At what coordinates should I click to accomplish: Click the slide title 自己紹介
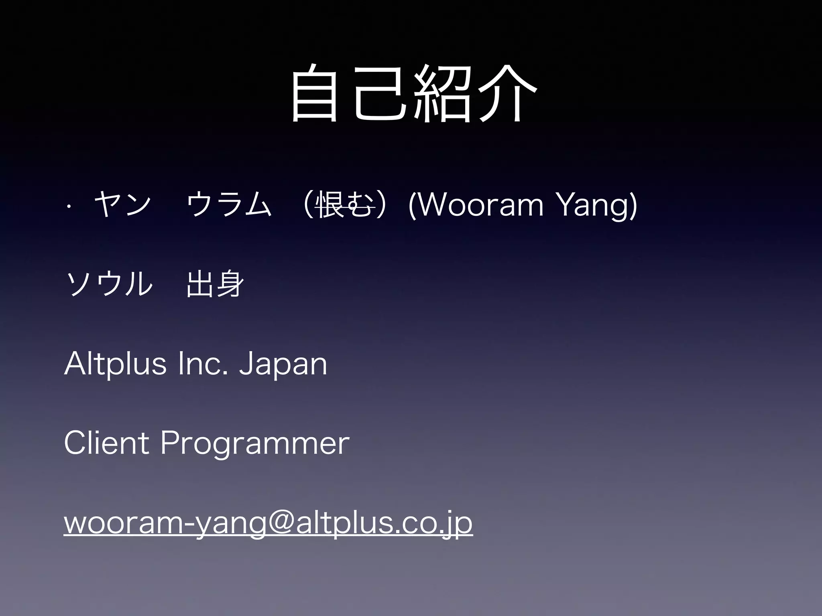click(x=413, y=94)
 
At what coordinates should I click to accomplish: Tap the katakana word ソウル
click(x=109, y=284)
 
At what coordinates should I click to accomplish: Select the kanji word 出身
click(x=215, y=284)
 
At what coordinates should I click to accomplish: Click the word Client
click(x=107, y=443)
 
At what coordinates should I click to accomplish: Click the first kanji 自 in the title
click(x=314, y=94)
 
